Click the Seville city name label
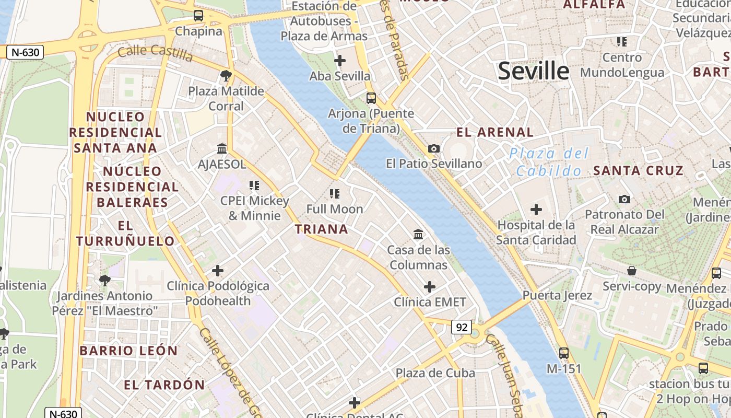point(533,71)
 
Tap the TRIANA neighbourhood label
point(321,229)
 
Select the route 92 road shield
point(462,327)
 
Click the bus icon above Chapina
point(198,16)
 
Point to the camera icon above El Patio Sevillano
point(433,149)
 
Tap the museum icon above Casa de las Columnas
point(418,235)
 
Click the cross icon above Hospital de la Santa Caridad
point(536,210)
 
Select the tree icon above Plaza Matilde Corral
point(226,76)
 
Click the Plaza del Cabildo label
point(549,162)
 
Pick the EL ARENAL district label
point(495,132)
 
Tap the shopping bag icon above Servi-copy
point(632,271)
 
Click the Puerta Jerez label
point(557,295)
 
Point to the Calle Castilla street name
point(155,52)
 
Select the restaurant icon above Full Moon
point(335,194)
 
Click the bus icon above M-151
point(563,353)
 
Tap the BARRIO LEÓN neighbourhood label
point(128,350)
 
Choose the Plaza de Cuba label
point(435,373)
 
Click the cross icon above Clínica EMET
point(429,287)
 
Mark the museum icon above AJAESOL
point(222,149)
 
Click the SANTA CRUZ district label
point(638,170)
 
